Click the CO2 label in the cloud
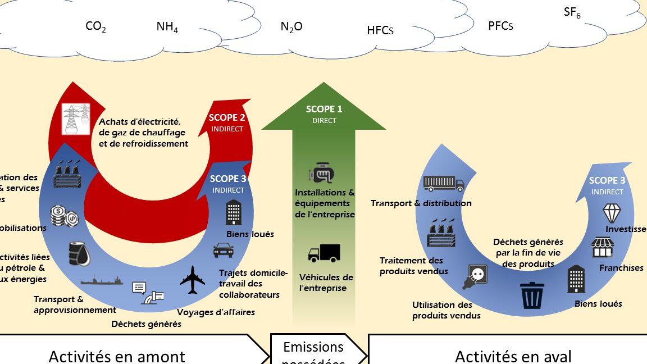(x=95, y=27)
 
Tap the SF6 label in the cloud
(x=572, y=13)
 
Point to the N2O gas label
(x=291, y=26)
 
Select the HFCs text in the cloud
(x=380, y=30)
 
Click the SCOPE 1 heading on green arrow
(x=324, y=110)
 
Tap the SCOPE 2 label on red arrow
(x=227, y=118)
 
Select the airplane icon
(x=193, y=279)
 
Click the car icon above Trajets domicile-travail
(x=223, y=250)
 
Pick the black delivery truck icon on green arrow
(x=324, y=254)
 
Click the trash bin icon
(x=532, y=295)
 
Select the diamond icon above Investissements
(x=611, y=213)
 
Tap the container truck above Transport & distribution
(x=444, y=183)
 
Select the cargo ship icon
(x=102, y=280)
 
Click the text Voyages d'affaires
(x=216, y=312)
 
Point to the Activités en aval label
(x=513, y=356)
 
